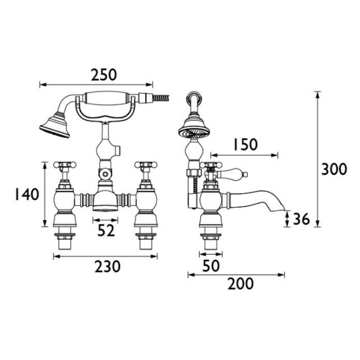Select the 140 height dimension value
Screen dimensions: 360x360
click(26, 194)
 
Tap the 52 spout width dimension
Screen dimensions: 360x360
click(106, 231)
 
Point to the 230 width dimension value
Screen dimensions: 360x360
click(106, 266)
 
